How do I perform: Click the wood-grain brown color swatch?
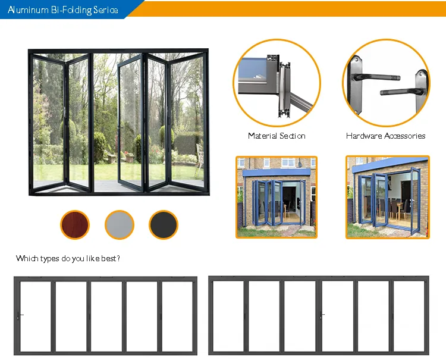click(75, 225)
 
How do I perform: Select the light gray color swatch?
click(120, 225)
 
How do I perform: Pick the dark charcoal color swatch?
click(164, 225)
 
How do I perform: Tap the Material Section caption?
click(277, 136)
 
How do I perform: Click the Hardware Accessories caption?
click(386, 136)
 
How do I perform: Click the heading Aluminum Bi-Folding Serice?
click(63, 10)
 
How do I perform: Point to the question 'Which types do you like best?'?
click(68, 258)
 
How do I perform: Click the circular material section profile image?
click(277, 83)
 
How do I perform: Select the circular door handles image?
click(387, 83)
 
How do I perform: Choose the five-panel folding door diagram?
click(105, 315)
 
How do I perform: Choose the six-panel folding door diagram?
click(319, 315)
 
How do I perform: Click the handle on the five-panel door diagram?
click(20, 315)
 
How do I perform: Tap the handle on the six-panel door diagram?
click(322, 315)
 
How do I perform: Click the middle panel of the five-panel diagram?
click(106, 317)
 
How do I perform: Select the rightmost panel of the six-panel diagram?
click(409, 316)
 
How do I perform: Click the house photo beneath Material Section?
click(277, 197)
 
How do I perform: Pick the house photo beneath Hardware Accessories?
click(388, 197)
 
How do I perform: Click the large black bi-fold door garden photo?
click(119, 122)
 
